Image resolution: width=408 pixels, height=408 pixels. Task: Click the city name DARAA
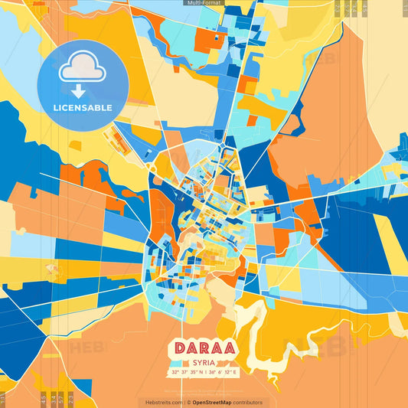pyautogui.click(x=204, y=348)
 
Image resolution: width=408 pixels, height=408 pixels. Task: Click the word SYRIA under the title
pyautogui.click(x=204, y=362)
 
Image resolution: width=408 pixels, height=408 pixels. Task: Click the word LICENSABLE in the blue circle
pyautogui.click(x=83, y=108)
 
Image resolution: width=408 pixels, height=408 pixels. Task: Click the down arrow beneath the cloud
pyautogui.click(x=79, y=90)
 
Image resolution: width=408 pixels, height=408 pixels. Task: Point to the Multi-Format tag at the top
pyautogui.click(x=204, y=3)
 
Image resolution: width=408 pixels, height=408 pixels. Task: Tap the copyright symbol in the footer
pyautogui.click(x=188, y=402)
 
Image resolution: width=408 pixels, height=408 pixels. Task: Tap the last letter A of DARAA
pyautogui.click(x=229, y=348)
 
